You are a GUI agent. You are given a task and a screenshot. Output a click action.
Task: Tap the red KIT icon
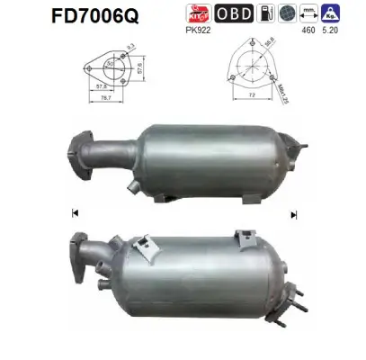click(x=221, y=14)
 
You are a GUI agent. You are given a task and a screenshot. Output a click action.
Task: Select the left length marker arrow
click(x=74, y=213)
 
